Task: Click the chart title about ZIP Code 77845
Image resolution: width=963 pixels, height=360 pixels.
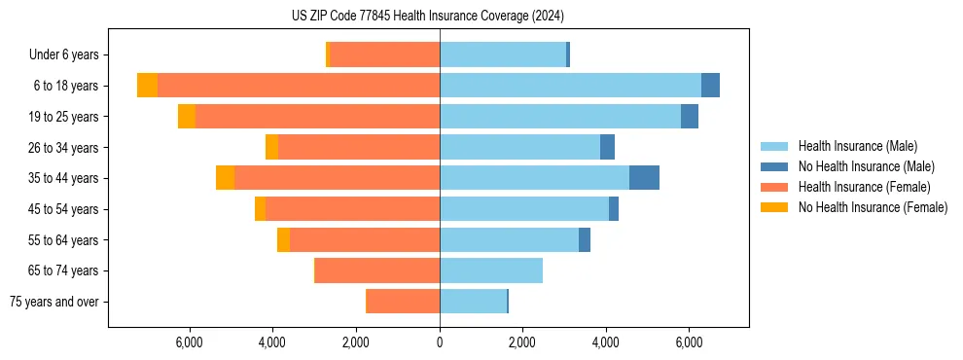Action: (427, 16)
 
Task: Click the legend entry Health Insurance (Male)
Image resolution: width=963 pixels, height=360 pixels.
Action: (856, 146)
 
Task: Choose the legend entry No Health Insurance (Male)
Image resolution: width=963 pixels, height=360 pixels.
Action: (866, 166)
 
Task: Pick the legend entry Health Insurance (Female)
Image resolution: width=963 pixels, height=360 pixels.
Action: (864, 187)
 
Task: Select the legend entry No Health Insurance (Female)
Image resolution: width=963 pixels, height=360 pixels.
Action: (873, 207)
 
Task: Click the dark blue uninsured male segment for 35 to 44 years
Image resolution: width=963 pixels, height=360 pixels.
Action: (644, 178)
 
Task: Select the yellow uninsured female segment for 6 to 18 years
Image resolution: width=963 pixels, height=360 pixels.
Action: (147, 86)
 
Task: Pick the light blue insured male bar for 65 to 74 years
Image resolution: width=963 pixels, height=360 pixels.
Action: (491, 270)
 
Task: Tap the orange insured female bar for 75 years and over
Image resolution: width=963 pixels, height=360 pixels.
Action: (403, 302)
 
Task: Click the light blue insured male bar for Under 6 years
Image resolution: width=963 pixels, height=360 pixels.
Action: (503, 55)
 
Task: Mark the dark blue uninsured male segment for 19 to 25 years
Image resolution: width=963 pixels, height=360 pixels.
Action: (690, 117)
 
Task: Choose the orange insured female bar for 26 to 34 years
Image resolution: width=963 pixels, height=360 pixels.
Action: (359, 147)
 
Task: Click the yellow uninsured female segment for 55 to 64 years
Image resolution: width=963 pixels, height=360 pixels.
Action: (283, 239)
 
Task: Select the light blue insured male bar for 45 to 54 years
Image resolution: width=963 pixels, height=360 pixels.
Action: (524, 209)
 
